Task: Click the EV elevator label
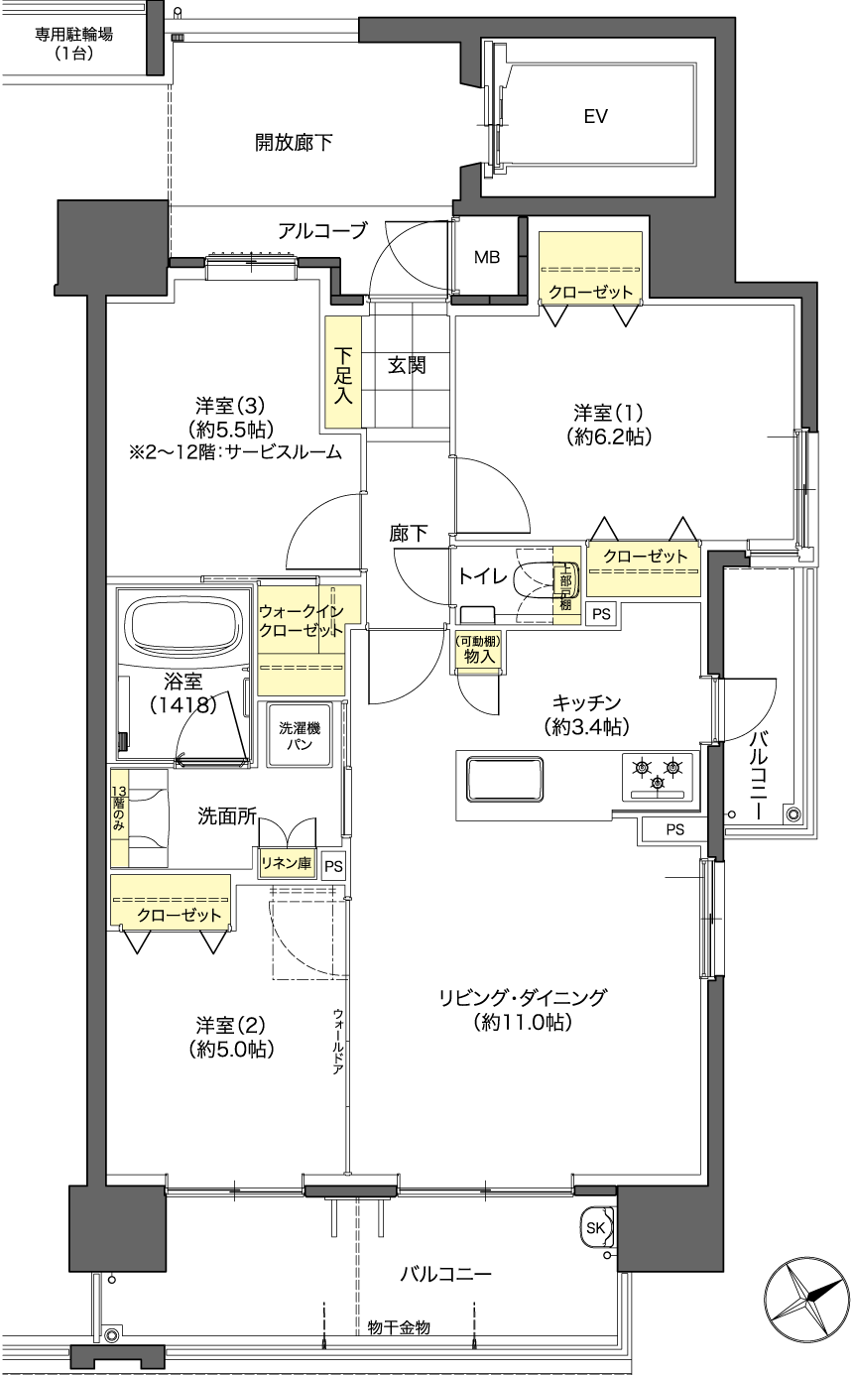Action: coord(595,116)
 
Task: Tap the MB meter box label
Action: coord(487,257)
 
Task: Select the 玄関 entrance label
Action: coord(407,365)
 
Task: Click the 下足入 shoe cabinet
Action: coord(343,372)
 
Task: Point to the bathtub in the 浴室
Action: coord(183,629)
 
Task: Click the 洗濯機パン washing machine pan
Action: coord(300,735)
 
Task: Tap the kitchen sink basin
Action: coord(505,779)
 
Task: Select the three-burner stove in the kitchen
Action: coord(658,777)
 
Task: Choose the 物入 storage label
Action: coord(479,657)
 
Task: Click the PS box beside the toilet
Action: coord(601,614)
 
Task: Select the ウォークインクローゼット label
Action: coord(301,621)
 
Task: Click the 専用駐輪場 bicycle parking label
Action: coord(73,43)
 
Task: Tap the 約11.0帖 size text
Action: coord(523,1022)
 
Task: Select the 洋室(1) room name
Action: coord(608,412)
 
